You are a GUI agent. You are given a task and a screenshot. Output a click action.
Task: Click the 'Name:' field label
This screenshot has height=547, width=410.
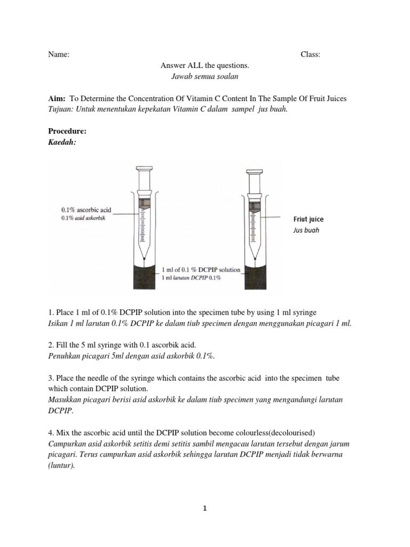pyautogui.click(x=58, y=54)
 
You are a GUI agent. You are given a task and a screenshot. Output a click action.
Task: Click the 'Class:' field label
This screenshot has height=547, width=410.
pyautogui.click(x=310, y=54)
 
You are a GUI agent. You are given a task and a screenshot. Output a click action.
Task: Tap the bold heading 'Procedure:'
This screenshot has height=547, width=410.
pyautogui.click(x=67, y=131)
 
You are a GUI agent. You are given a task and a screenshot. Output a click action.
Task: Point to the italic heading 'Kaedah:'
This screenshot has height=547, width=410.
pyautogui.click(x=62, y=142)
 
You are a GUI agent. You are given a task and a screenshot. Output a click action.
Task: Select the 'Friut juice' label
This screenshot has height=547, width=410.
pyautogui.click(x=308, y=219)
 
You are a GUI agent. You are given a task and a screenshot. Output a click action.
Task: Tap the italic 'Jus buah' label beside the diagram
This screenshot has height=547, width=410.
pyautogui.click(x=306, y=230)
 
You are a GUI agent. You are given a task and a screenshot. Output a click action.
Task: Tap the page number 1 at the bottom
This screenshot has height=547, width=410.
pyautogui.click(x=204, y=509)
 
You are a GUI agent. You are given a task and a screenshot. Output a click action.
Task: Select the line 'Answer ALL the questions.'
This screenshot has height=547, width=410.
pyautogui.click(x=205, y=66)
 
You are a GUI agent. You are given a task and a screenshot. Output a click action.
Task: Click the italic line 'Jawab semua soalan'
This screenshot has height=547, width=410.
pyautogui.click(x=204, y=76)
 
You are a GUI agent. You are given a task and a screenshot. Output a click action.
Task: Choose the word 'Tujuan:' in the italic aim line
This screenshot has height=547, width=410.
pyautogui.click(x=61, y=110)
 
